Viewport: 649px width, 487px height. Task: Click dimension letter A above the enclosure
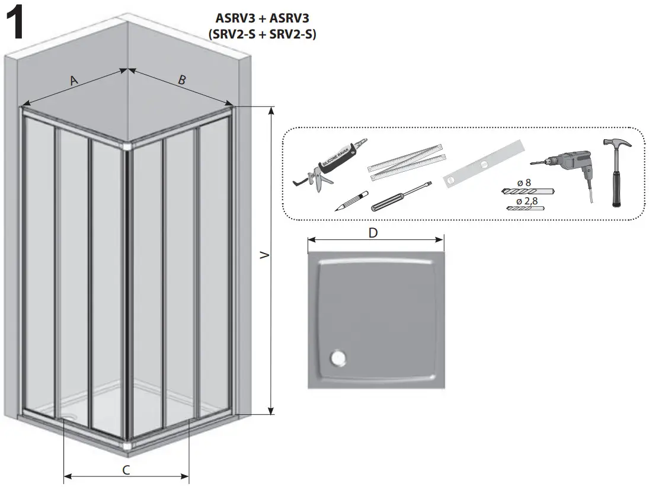coord(73,81)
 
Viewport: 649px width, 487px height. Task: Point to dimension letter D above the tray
coord(373,233)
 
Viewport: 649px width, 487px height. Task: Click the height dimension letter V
coord(265,256)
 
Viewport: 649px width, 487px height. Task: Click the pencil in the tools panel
coord(351,201)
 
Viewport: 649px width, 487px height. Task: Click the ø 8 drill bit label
coord(524,183)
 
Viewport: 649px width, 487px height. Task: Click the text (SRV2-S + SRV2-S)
coord(262,34)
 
